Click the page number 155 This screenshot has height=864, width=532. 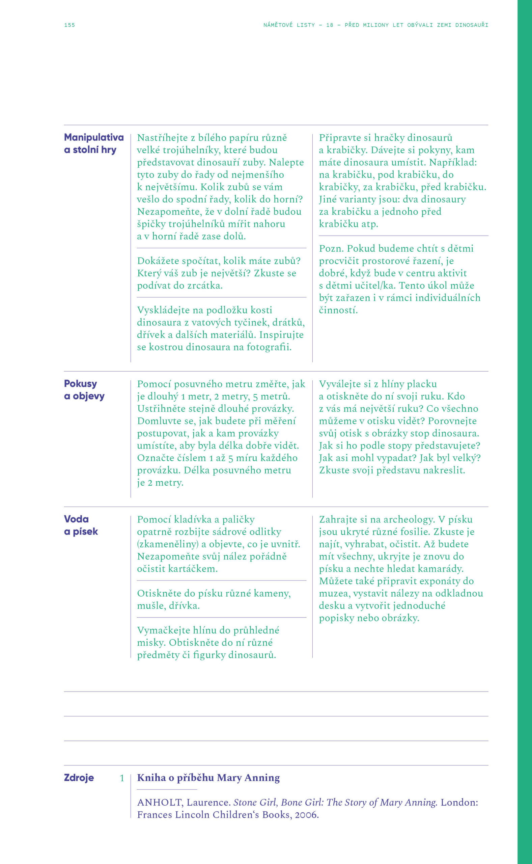click(x=69, y=25)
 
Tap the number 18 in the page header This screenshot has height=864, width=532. click(x=330, y=25)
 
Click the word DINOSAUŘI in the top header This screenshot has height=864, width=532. click(x=472, y=25)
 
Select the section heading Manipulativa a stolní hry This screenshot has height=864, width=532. click(x=93, y=143)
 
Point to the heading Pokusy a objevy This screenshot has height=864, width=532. click(x=84, y=389)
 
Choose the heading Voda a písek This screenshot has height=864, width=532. click(x=81, y=525)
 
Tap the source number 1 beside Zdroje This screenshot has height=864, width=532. click(x=122, y=778)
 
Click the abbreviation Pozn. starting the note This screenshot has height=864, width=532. click(x=331, y=248)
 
